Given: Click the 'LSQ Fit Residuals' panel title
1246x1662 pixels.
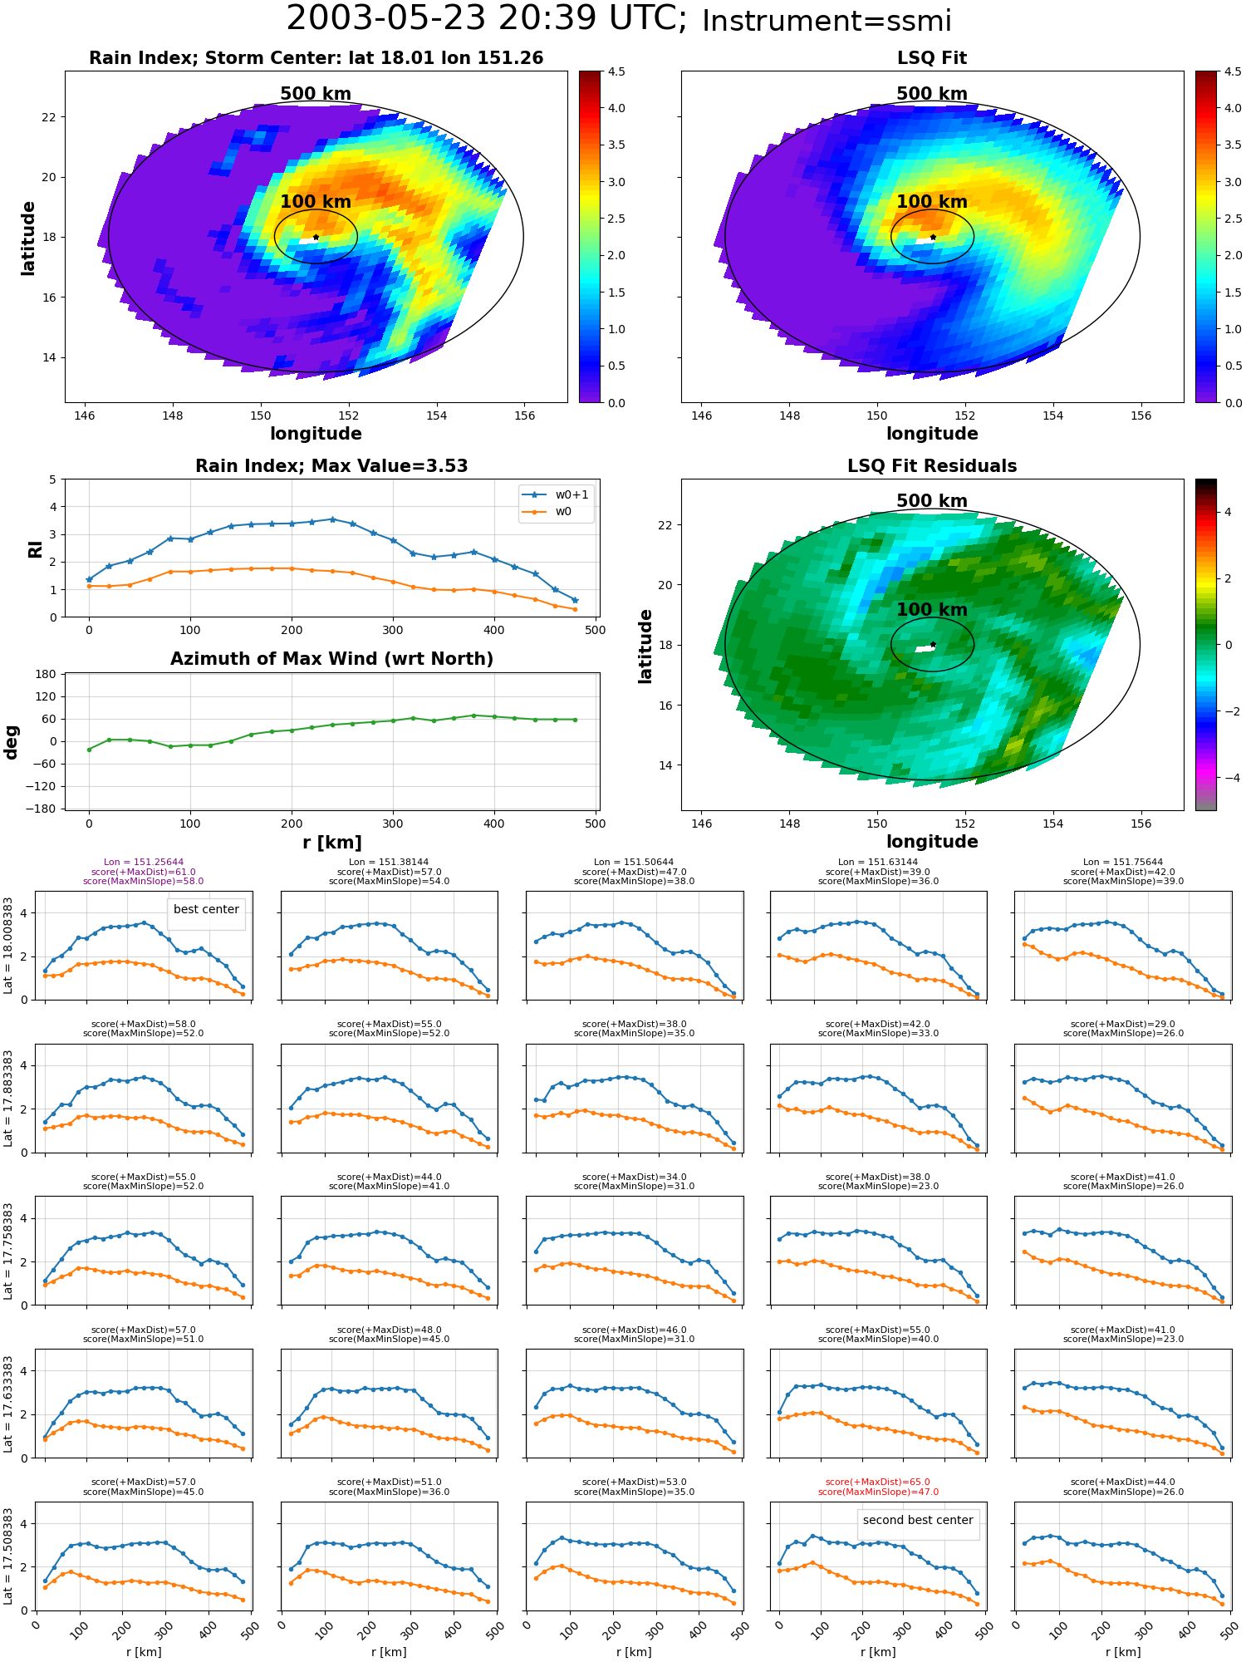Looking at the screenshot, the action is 932,466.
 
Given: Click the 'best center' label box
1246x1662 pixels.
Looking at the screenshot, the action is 206,910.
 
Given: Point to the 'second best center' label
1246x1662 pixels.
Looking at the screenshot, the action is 918,1520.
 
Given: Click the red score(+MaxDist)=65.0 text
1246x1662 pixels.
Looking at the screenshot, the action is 878,1483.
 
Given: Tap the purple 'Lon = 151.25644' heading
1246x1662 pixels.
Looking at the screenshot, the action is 144,863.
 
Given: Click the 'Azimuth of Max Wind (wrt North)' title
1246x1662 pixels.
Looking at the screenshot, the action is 331,659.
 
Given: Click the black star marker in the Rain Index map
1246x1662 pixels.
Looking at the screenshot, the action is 316,237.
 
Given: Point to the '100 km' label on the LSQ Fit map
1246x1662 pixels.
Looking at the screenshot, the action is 932,202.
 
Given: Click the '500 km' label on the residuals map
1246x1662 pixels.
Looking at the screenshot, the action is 932,501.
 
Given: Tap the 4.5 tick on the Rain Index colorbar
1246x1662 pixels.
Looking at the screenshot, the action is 616,71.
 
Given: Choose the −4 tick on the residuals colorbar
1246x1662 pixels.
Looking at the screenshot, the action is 1227,778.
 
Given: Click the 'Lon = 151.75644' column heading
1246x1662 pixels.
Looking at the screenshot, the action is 1123,863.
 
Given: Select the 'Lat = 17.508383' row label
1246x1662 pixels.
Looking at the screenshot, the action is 8,1558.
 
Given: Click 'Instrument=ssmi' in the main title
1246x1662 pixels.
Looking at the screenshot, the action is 827,22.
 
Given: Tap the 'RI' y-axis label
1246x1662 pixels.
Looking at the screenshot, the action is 35,548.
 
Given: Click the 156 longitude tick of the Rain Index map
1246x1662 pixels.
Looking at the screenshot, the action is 525,415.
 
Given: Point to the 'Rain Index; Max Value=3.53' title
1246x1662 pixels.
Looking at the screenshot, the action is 331,466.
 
